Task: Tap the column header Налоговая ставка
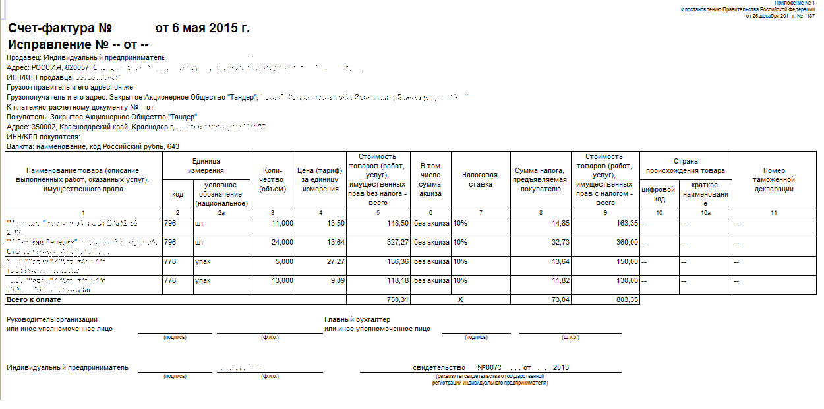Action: click(x=479, y=179)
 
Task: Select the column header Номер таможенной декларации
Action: click(x=774, y=179)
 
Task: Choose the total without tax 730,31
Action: click(x=395, y=299)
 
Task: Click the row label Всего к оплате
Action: click(x=34, y=299)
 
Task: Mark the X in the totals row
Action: click(x=461, y=299)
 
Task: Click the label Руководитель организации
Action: click(x=52, y=319)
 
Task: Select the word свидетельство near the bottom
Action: click(x=439, y=367)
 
